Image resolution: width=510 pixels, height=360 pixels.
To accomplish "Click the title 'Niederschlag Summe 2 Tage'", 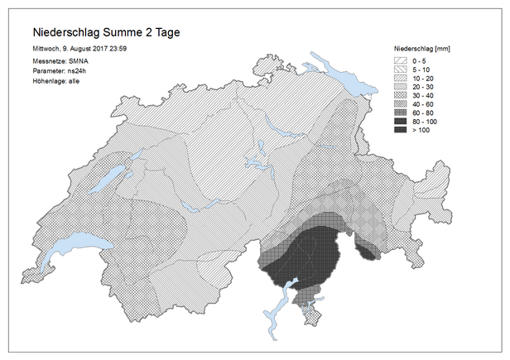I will tap(105, 32).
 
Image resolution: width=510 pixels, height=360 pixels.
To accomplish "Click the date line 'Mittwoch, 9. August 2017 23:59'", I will tap(79, 49).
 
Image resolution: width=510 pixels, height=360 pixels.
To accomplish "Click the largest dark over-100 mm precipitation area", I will tap(310, 252).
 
